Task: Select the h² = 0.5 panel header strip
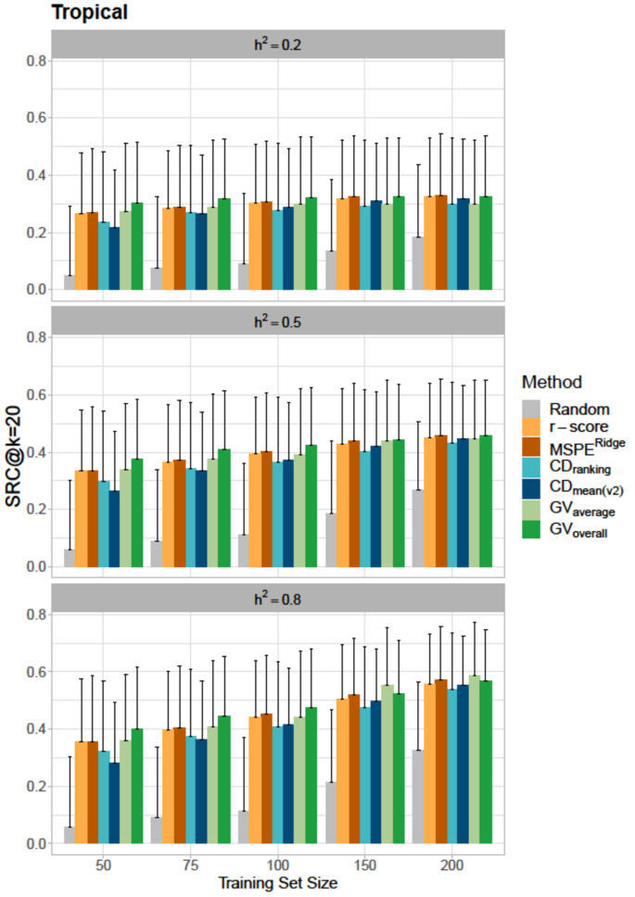pos(278,322)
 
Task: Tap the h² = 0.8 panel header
pos(278,599)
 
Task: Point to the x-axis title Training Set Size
pos(278,883)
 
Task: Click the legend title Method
pos(552,382)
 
